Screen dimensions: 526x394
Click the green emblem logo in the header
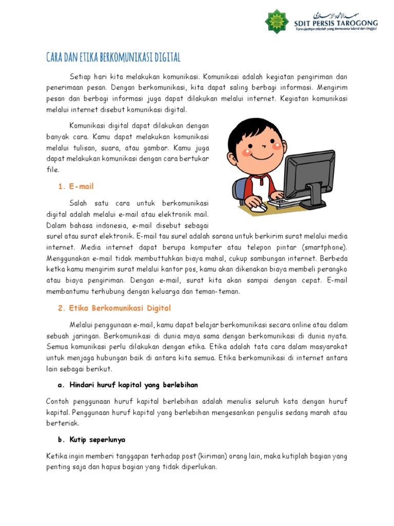(277, 21)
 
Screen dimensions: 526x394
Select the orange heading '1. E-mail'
(75, 186)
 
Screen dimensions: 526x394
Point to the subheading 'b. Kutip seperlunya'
(90, 440)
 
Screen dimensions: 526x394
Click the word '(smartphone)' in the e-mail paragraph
(325, 247)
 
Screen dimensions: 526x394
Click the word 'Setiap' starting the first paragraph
(79, 77)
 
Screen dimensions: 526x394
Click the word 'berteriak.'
(63, 424)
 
